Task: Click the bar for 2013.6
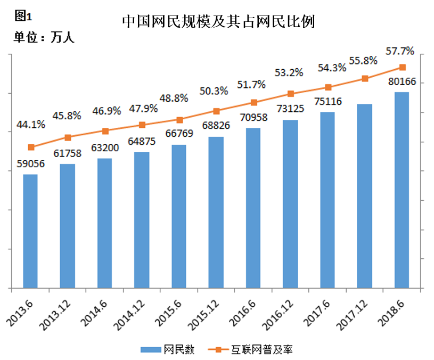coord(30,232)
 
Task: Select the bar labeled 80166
coord(402,191)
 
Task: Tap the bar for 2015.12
coord(216,213)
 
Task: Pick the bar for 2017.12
coord(365,197)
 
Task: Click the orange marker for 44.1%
coord(30,147)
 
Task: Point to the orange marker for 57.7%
coord(402,67)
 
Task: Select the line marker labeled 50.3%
coord(216,111)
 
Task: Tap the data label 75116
coord(328,102)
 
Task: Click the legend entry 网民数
coord(168,350)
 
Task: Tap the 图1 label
coord(20,16)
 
